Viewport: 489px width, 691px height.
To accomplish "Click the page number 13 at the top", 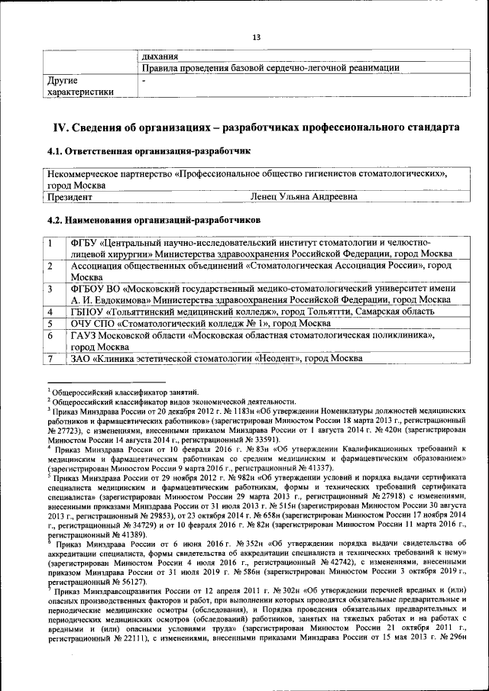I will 256,37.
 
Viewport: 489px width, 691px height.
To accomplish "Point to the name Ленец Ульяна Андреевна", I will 303,197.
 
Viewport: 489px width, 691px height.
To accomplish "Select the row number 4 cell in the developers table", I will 50,312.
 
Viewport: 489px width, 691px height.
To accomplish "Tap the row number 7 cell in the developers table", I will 50,358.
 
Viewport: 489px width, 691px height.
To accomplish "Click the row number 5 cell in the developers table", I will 50,324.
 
